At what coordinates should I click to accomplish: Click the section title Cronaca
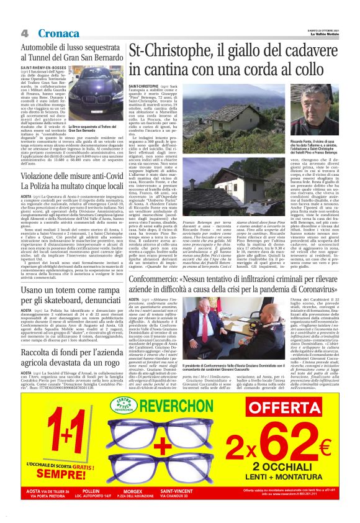(59, 32)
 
